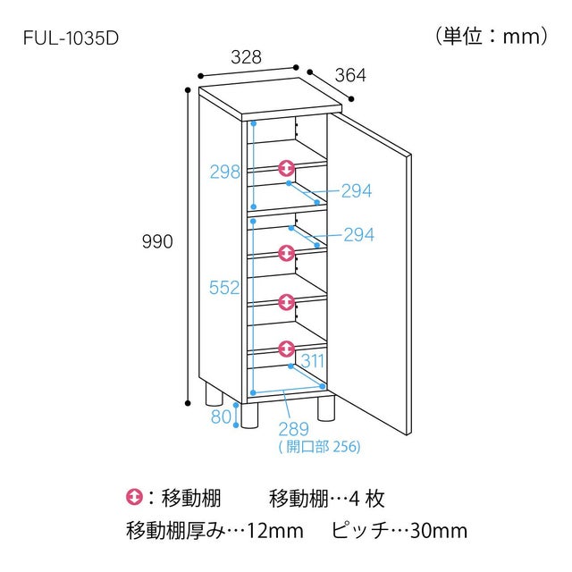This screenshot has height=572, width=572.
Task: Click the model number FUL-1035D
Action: click(71, 38)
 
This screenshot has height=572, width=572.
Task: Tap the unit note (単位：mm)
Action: click(492, 37)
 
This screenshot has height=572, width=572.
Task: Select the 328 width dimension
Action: click(247, 57)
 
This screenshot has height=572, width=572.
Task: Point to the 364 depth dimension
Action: click(350, 75)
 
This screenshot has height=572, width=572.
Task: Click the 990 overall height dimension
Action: click(157, 241)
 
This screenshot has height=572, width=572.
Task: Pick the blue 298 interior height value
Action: click(225, 172)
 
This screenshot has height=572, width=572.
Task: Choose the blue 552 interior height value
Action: click(224, 288)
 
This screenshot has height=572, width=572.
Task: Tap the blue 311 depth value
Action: click(313, 361)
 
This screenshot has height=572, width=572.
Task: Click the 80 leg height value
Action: click(221, 416)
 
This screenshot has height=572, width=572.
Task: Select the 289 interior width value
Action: click(293, 429)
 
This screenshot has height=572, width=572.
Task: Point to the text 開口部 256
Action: click(320, 447)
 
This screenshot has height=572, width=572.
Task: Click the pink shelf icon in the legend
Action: click(134, 497)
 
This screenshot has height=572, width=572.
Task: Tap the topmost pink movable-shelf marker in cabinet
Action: click(286, 168)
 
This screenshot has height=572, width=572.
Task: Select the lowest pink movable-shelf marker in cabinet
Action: click(286, 349)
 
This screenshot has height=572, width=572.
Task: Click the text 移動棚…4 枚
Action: click(327, 499)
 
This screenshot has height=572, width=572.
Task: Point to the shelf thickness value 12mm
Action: click(275, 531)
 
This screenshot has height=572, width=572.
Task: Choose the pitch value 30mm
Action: click(439, 531)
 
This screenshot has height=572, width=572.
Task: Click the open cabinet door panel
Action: click(369, 273)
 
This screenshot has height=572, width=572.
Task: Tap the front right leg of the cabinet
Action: click(325, 408)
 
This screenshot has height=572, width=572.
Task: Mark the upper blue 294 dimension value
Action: click(357, 190)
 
